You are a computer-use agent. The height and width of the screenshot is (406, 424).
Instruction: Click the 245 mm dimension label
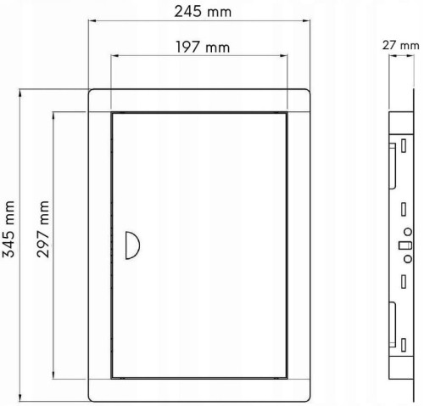[x=203, y=12]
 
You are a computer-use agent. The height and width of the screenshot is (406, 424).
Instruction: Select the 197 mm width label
[x=203, y=47]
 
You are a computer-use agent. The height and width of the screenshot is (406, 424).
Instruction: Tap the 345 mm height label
[x=8, y=228]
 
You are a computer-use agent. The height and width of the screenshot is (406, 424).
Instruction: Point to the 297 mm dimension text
[x=43, y=228]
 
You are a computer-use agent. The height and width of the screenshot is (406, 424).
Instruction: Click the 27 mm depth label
[x=400, y=45]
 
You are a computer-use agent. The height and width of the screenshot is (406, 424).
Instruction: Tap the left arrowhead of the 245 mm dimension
[x=92, y=20]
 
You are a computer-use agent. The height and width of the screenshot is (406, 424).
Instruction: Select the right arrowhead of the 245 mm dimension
[x=306, y=20]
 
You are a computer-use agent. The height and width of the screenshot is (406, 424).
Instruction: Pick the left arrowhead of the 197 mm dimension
[x=114, y=56]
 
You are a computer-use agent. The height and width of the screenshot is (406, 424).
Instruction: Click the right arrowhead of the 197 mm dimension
[x=283, y=56]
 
